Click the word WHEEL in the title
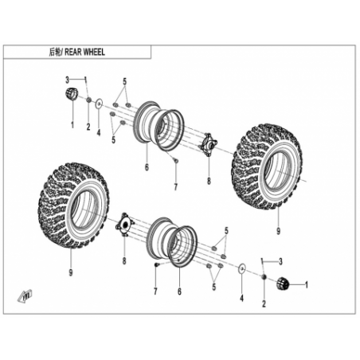[93, 52]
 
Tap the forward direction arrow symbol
[25, 295]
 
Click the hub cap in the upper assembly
[72, 94]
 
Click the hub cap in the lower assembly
[283, 284]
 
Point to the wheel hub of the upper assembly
[209, 144]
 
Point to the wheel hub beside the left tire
[124, 225]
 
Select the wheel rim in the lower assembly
[172, 241]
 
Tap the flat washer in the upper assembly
[99, 104]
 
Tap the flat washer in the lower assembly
[242, 268]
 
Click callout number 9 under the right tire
[278, 231]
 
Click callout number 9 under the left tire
[71, 272]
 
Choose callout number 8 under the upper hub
[209, 181]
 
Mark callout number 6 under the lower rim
[179, 292]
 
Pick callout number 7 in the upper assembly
[175, 187]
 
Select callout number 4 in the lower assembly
[241, 299]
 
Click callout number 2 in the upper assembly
[88, 127]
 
